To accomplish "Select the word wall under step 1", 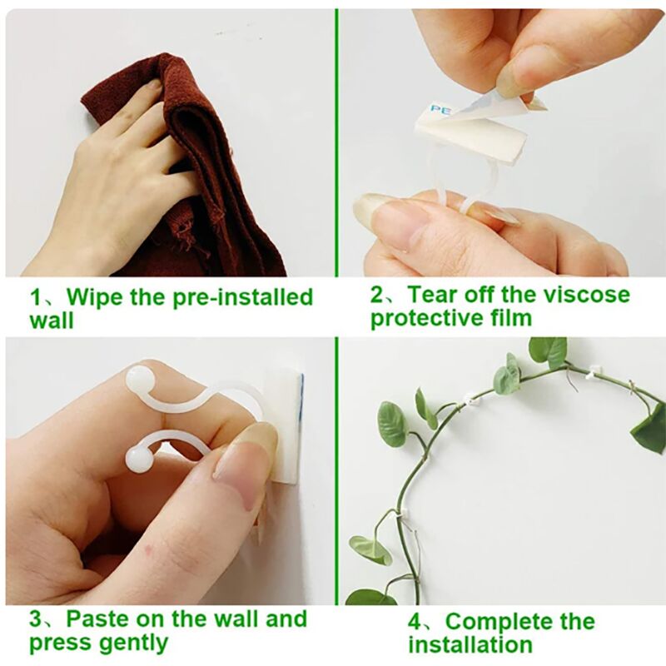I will [x=52, y=321].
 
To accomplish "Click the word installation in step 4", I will [x=470, y=645].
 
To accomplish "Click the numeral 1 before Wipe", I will [x=36, y=298].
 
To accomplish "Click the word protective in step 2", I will [x=428, y=319].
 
